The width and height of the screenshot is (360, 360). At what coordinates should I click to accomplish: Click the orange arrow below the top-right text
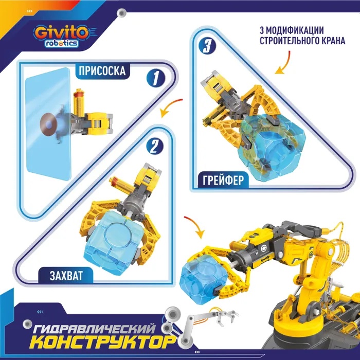(x=281, y=65)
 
